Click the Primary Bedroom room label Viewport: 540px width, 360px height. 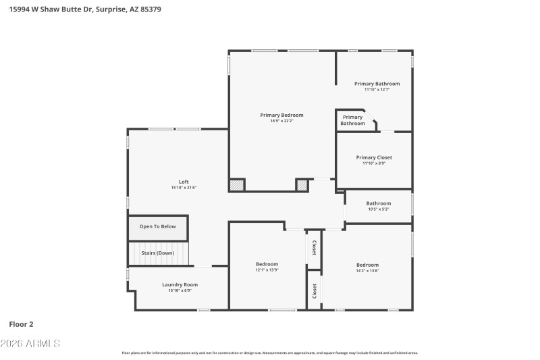[281, 115]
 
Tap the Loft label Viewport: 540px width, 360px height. [184, 182]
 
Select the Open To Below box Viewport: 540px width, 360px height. [157, 226]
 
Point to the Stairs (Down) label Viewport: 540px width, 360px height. [157, 253]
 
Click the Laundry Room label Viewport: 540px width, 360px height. [180, 284]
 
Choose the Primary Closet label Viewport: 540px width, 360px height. [373, 157]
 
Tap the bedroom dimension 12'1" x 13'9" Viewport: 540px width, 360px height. [267, 270]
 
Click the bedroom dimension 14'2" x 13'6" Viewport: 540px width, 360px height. [367, 271]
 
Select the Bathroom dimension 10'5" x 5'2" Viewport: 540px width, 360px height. [378, 209]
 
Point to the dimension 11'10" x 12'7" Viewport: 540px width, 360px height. [377, 90]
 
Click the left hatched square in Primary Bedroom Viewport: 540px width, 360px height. [237, 184]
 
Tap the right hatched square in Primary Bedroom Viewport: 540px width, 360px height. [302, 184]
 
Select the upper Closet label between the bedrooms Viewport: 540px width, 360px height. [314, 248]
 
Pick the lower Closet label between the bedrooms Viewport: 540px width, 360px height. [314, 290]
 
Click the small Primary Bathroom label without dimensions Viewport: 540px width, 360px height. [352, 120]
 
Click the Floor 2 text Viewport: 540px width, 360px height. [21, 324]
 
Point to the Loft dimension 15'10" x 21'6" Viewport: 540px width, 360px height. [184, 188]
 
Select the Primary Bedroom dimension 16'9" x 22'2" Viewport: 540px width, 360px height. [281, 121]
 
